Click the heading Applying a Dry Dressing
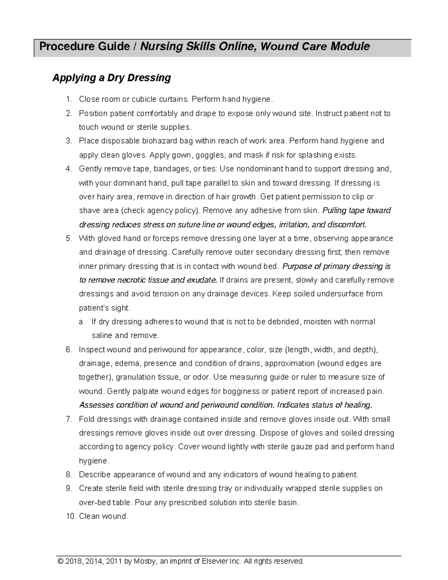[111, 78]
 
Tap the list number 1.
[68, 99]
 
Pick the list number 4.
[68, 169]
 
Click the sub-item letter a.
[82, 322]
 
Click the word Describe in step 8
[94, 475]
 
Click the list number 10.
[70, 517]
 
